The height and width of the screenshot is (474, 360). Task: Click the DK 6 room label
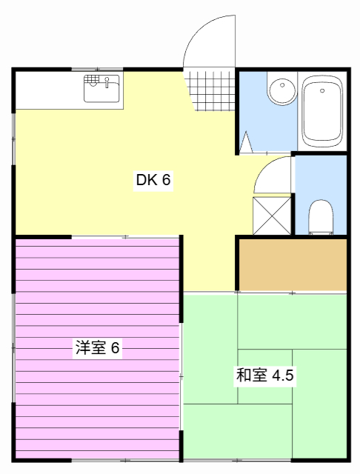pos(153,180)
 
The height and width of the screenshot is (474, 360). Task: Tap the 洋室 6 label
pos(97,347)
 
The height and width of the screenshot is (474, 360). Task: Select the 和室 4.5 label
pos(265,375)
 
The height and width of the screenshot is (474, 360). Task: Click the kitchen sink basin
pos(102,90)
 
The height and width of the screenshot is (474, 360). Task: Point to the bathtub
pos(321,113)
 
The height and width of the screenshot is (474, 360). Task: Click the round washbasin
pos(281,93)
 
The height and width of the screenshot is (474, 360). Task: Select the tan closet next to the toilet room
pos(292,264)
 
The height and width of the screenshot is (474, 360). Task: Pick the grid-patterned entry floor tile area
pos(210,90)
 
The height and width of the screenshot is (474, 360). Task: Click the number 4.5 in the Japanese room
pos(283,375)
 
